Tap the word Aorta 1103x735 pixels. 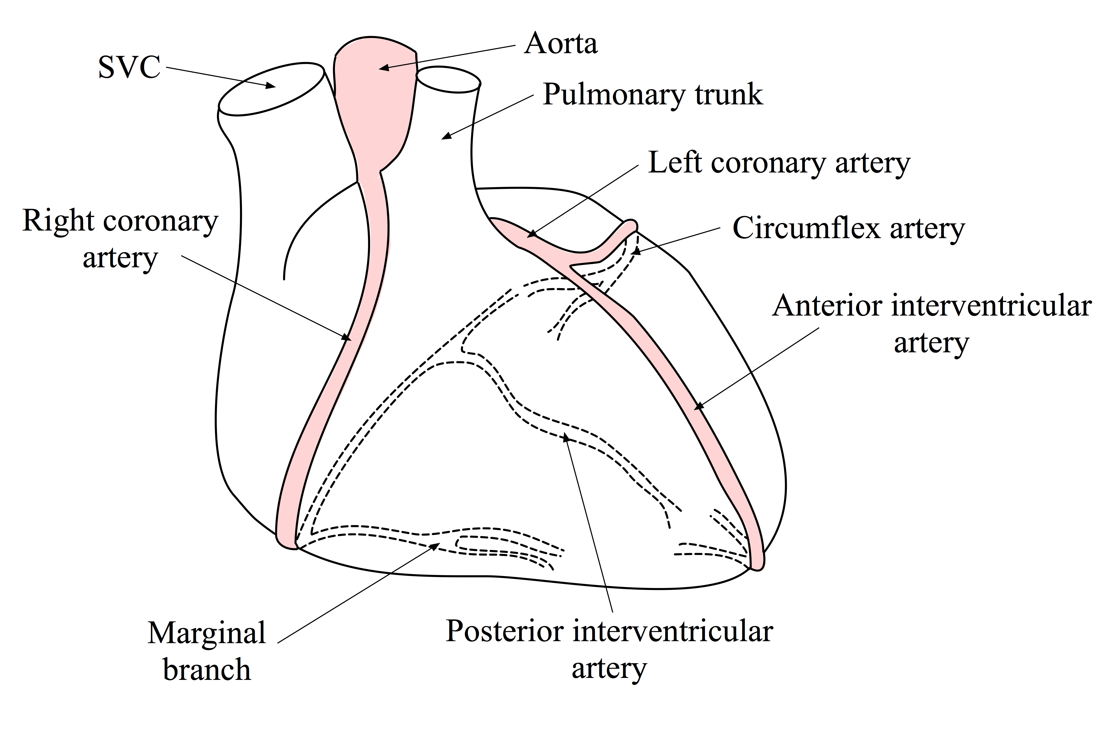pos(561,44)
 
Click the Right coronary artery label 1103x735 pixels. pos(121,239)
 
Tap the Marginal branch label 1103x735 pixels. pos(207,651)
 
